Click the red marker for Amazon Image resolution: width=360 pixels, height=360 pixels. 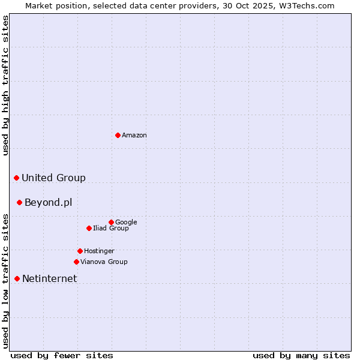pyautogui.click(x=118, y=135)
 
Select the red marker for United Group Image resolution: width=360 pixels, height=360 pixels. pyautogui.click(x=16, y=178)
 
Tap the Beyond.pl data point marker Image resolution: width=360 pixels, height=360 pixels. pyautogui.click(x=19, y=202)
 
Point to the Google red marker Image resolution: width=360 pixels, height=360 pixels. pyautogui.click(x=111, y=222)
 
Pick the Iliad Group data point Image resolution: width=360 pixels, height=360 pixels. pyautogui.click(x=89, y=228)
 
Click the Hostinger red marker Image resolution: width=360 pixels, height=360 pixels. pyautogui.click(x=80, y=251)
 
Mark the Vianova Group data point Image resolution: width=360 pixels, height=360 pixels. pyautogui.click(x=76, y=262)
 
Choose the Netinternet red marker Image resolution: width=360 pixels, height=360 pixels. pyautogui.click(x=17, y=278)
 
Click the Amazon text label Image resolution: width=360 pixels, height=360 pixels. pyautogui.click(x=134, y=136)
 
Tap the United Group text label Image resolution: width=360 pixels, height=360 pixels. pyautogui.click(x=53, y=178)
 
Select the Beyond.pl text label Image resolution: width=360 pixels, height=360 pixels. pyautogui.click(x=48, y=203)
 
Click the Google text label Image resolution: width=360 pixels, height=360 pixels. pyautogui.click(x=126, y=223)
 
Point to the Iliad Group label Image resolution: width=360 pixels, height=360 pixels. pyautogui.click(x=111, y=229)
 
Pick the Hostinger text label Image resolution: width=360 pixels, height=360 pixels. pyautogui.click(x=99, y=251)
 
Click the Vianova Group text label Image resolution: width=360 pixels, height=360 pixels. pyautogui.click(x=104, y=262)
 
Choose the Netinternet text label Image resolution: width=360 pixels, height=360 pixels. pyautogui.click(x=49, y=279)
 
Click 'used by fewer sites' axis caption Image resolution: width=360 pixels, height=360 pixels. pyautogui.click(x=62, y=355)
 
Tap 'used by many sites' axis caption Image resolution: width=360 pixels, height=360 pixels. pyautogui.click(x=301, y=355)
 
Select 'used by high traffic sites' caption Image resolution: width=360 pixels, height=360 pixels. pyautogui.click(x=5, y=85)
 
